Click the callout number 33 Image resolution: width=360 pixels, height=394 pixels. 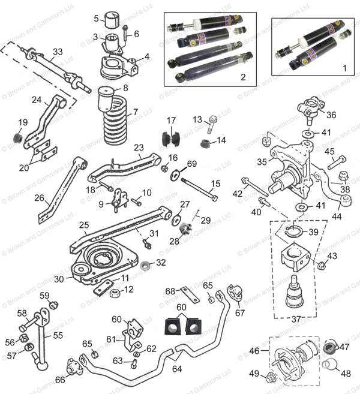(x=57, y=52)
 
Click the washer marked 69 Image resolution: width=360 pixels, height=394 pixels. (x=176, y=175)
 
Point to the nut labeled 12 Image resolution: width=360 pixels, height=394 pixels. (x=115, y=293)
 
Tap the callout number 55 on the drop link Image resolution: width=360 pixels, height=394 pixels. (x=58, y=336)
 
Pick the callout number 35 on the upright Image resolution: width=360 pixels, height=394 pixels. (x=261, y=161)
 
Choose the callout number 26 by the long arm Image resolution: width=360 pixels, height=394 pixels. (x=40, y=197)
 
